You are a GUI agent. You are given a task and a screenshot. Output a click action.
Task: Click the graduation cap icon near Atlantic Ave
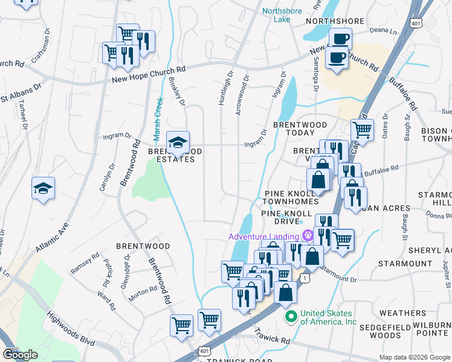coord(44,189)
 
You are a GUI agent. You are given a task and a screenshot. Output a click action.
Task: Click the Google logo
coord(19,355)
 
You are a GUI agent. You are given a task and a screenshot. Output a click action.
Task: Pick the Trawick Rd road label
coord(272,335)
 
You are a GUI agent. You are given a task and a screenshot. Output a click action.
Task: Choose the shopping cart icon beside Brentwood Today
coord(361,129)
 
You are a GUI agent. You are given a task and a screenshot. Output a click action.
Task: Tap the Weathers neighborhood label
coord(402,313)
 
